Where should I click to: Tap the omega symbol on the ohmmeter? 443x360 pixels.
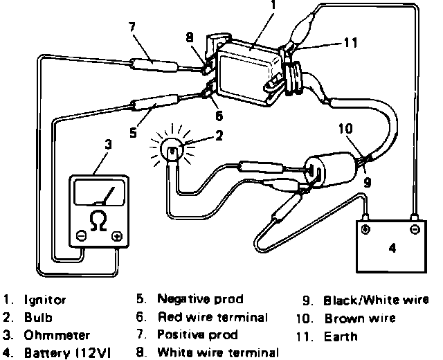pyautogui.click(x=99, y=221)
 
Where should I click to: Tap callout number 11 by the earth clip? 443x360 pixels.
pyautogui.click(x=350, y=43)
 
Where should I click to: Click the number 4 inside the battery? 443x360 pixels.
pyautogui.click(x=392, y=248)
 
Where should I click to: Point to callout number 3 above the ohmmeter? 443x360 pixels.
pyautogui.click(x=107, y=145)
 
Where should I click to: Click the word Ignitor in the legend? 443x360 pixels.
pyautogui.click(x=45, y=300)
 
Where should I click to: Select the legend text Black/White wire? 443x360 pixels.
pyautogui.click(x=376, y=300)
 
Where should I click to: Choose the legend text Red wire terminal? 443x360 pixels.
pyautogui.click(x=212, y=318)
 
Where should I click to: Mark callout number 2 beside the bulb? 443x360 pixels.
pyautogui.click(x=219, y=136)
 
